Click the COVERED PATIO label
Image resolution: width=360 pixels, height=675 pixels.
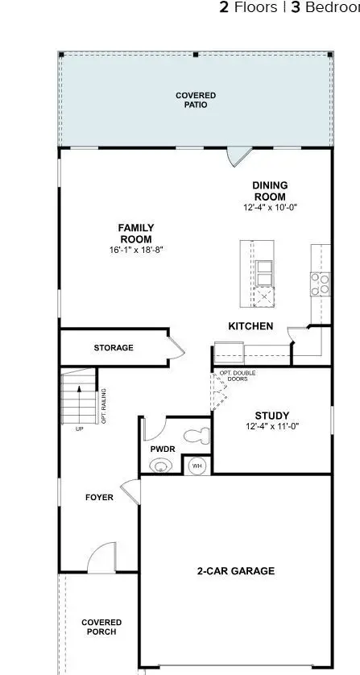196,101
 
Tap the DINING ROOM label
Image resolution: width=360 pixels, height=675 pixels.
270,191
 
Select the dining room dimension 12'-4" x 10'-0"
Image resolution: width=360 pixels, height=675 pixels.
270,208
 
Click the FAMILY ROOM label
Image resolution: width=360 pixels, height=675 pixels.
136,234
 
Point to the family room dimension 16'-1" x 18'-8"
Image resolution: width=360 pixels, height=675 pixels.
136,250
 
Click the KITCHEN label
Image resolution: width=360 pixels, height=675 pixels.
250,326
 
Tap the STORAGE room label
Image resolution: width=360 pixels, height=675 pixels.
114,348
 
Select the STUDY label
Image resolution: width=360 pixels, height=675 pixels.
271,415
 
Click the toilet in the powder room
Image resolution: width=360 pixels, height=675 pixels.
196,437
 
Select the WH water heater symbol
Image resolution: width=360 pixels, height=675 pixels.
196,466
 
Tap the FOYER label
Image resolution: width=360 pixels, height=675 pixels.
99,497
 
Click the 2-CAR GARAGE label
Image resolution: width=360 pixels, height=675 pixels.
236,571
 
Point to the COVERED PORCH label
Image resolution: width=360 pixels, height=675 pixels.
101,627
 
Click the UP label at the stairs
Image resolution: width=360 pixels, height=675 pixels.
79,429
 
